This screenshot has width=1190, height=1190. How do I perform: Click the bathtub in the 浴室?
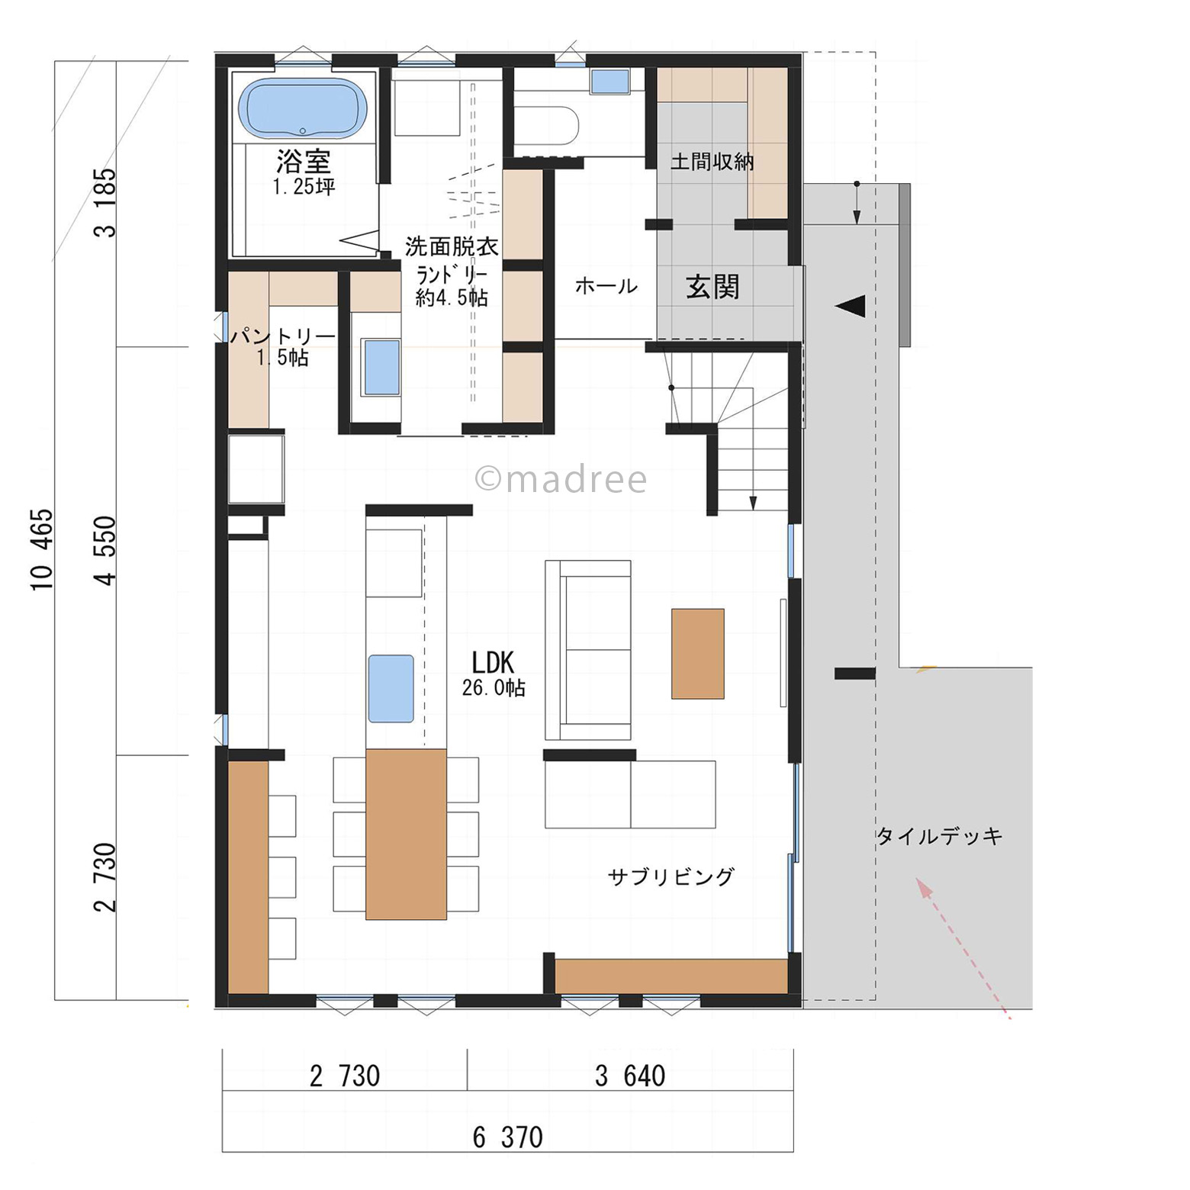(x=303, y=109)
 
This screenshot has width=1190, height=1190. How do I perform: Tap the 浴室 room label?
(x=303, y=161)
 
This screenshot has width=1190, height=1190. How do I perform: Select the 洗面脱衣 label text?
(x=452, y=246)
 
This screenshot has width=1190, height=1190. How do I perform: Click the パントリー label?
(x=283, y=336)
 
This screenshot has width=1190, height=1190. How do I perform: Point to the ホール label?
(x=606, y=286)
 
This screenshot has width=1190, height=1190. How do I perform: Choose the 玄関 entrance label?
(x=712, y=287)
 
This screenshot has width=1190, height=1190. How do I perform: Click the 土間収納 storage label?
(x=712, y=162)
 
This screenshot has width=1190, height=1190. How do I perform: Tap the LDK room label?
(x=493, y=662)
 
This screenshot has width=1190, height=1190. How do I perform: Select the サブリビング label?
(x=671, y=876)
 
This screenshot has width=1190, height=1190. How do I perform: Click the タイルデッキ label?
(x=939, y=836)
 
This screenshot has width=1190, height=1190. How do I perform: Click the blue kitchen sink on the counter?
(x=391, y=688)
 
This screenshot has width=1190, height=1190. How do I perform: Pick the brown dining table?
(x=406, y=834)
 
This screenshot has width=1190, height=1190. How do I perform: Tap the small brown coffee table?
(x=697, y=654)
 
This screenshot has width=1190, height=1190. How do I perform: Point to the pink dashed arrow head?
(x=925, y=888)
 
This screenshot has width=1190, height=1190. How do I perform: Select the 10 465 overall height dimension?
(x=42, y=549)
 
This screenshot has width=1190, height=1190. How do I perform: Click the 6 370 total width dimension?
(x=507, y=1137)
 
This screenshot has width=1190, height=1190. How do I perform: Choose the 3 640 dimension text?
(x=630, y=1076)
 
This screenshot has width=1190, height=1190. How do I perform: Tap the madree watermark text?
(x=561, y=479)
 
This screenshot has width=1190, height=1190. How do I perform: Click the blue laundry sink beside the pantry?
(x=382, y=367)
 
